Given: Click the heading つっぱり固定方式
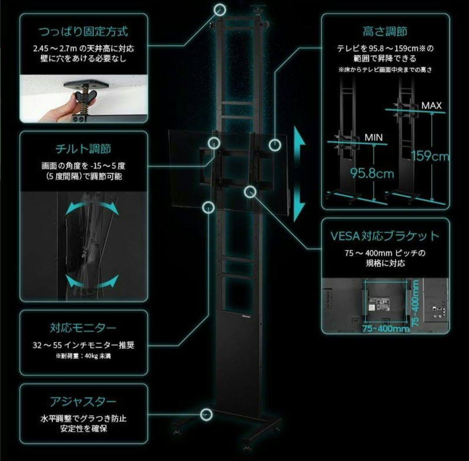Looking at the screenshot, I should (83, 31).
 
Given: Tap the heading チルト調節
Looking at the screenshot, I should (83, 149).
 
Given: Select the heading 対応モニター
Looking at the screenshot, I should (83, 327).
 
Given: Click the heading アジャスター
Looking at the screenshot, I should (83, 401).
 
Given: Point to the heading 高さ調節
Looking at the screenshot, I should (385, 31).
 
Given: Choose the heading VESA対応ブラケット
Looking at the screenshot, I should (385, 236).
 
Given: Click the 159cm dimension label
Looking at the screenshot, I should (430, 156).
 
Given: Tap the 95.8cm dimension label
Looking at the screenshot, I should (372, 174).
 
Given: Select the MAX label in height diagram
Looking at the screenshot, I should (431, 106).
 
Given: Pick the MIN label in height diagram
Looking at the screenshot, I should (373, 137).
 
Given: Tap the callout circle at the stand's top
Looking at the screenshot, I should (221, 9).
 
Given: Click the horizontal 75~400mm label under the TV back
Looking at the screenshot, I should (386, 329).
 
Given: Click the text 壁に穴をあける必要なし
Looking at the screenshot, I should (83, 58).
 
